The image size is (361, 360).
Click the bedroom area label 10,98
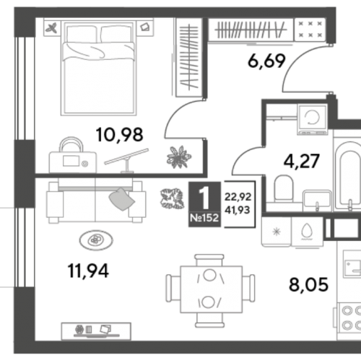119,135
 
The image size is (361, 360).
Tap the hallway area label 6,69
266,61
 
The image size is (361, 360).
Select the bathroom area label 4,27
301,161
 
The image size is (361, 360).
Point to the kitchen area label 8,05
308,284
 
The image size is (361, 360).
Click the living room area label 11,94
88,271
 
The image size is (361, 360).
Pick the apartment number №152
204,218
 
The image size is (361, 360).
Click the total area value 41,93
238,210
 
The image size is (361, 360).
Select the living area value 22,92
238,197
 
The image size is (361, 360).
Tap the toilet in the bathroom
284,189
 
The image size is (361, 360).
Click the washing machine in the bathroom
312,119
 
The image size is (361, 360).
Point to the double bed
99,67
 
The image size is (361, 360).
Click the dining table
211,289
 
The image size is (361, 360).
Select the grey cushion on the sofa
122,199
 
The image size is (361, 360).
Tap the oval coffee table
96,240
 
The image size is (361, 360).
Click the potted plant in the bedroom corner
179,157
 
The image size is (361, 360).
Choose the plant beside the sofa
172,198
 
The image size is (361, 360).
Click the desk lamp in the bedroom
126,160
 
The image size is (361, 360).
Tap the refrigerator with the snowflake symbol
277,232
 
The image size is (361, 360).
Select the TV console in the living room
96,331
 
